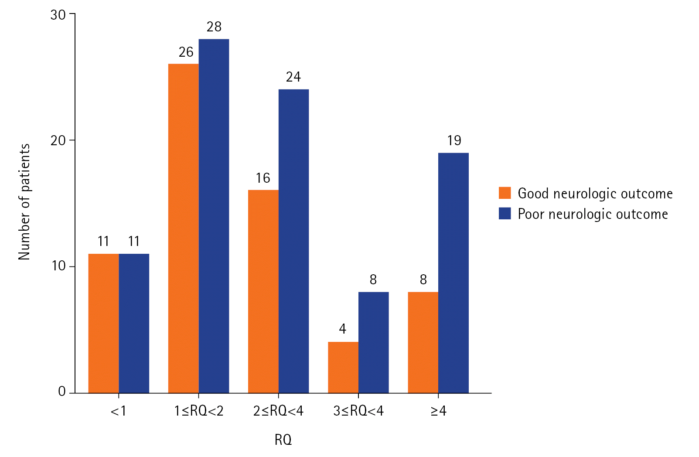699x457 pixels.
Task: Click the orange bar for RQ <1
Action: (x=103, y=323)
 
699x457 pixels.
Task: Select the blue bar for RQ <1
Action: (x=134, y=323)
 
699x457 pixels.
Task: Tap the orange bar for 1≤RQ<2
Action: (x=183, y=228)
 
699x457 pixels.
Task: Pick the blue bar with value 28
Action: (x=214, y=216)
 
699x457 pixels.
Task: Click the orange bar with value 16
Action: (x=263, y=291)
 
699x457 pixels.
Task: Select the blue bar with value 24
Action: (x=293, y=241)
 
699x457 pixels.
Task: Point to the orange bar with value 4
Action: (x=343, y=367)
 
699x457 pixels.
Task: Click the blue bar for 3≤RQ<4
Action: (x=373, y=342)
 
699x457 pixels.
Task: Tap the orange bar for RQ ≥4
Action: (x=423, y=342)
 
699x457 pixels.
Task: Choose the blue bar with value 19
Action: (x=453, y=273)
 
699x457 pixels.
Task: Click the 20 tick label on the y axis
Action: (x=58, y=140)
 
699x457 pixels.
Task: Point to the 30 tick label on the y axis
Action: (x=58, y=15)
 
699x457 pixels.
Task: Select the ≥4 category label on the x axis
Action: (x=438, y=411)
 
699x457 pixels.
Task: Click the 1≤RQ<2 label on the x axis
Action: (x=198, y=411)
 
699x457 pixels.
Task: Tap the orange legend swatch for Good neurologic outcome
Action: (x=505, y=193)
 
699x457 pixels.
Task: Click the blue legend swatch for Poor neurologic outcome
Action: (x=505, y=214)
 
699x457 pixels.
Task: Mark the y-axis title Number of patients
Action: (x=24, y=202)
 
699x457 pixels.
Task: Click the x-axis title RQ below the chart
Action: (x=283, y=440)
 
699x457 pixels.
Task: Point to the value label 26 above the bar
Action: (x=186, y=52)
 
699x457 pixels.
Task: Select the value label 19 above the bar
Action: (x=454, y=140)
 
